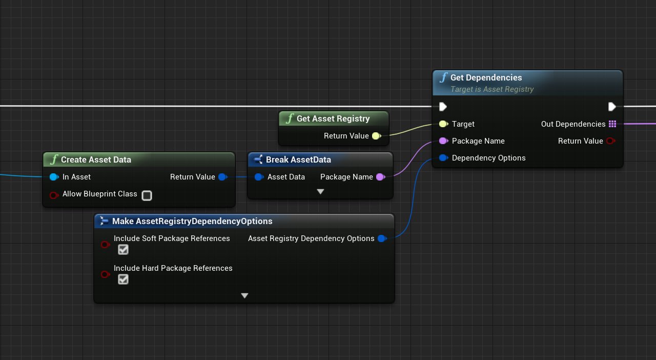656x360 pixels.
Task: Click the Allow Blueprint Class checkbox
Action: coord(147,195)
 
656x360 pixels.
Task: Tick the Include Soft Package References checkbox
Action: coord(123,250)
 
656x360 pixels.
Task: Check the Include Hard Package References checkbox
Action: coord(123,279)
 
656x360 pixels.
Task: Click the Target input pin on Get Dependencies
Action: coord(443,124)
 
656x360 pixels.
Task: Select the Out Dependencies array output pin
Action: coord(612,124)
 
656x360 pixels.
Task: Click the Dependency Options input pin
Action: coord(443,158)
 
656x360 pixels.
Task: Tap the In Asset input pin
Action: coord(54,177)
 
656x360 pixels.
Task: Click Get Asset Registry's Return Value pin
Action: coord(376,136)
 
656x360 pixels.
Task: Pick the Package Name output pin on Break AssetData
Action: coord(380,177)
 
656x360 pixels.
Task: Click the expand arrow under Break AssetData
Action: coord(320,192)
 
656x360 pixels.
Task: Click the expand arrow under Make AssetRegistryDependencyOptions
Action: coord(244,296)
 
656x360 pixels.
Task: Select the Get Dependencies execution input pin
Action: coord(443,107)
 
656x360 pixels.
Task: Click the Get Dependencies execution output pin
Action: coord(612,107)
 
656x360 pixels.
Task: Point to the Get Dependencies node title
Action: coord(486,77)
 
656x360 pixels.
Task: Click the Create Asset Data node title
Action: coord(96,159)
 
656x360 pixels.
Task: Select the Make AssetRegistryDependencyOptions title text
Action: coord(192,221)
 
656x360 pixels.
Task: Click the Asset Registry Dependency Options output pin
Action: coord(381,238)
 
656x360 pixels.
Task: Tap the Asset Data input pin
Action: coord(259,177)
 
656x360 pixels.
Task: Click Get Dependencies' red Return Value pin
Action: coord(610,141)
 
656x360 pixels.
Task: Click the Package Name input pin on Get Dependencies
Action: coord(443,141)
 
